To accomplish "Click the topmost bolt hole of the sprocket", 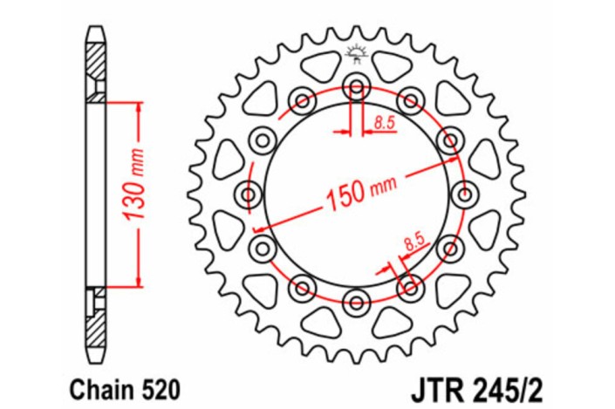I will (355, 85).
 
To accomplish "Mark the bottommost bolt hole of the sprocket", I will (355, 302).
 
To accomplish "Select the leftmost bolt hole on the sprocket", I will (247, 194).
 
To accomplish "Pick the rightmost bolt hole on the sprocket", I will (463, 194).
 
